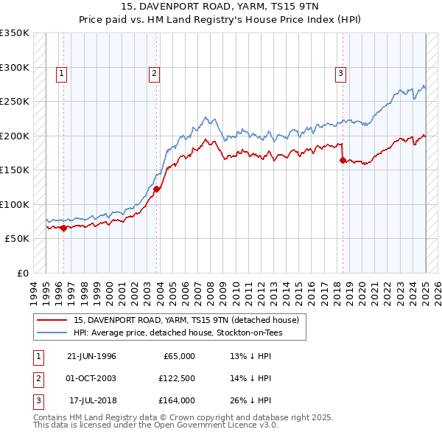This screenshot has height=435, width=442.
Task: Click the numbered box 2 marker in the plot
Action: tap(154, 73)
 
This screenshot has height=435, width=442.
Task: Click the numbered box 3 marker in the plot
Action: tap(341, 73)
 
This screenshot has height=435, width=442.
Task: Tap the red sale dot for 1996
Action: tap(63, 229)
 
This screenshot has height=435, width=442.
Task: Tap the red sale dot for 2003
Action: tap(157, 189)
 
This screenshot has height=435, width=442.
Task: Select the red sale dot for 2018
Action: tap(343, 160)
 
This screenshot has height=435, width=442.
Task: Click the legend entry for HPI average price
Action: tap(178, 333)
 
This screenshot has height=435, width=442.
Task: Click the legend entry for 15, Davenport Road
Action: tap(186, 321)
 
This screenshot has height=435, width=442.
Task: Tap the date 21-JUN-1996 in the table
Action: tap(91, 356)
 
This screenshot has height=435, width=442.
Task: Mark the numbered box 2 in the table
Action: tap(36, 378)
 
